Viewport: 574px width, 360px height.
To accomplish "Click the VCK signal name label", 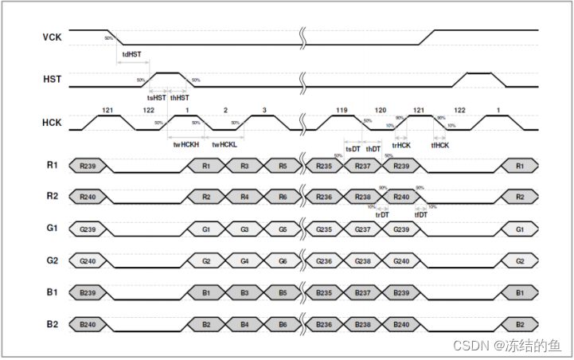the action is pyautogui.click(x=51, y=37).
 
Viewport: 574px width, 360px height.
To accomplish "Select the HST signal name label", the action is pyautogui.click(x=51, y=80).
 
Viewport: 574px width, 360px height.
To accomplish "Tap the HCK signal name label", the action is pyautogui.click(x=51, y=122).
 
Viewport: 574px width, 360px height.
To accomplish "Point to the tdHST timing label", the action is pyautogui.click(x=132, y=55).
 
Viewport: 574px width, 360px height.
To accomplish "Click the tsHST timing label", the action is pyautogui.click(x=156, y=97).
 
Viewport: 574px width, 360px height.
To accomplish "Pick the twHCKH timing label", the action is pyautogui.click(x=187, y=145).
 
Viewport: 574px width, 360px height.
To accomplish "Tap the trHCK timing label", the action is pyautogui.click(x=401, y=145).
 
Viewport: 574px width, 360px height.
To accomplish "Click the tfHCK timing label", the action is pyautogui.click(x=440, y=145).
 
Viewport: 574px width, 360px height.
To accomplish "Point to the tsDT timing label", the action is pyautogui.click(x=353, y=149).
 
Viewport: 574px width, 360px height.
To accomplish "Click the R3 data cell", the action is pyautogui.click(x=244, y=166).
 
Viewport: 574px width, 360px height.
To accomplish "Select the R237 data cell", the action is pyautogui.click(x=362, y=166).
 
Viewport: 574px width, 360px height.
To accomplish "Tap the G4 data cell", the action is pyautogui.click(x=244, y=260).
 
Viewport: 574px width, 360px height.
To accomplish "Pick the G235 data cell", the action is pyautogui.click(x=323, y=229).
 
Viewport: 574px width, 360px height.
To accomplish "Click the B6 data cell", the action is pyautogui.click(x=283, y=324).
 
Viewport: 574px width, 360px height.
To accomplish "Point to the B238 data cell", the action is pyautogui.click(x=362, y=324).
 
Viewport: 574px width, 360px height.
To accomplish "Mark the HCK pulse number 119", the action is pyautogui.click(x=342, y=109).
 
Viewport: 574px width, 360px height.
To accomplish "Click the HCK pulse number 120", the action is pyautogui.click(x=381, y=109).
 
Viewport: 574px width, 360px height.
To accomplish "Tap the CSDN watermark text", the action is pyautogui.click(x=506, y=345).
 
